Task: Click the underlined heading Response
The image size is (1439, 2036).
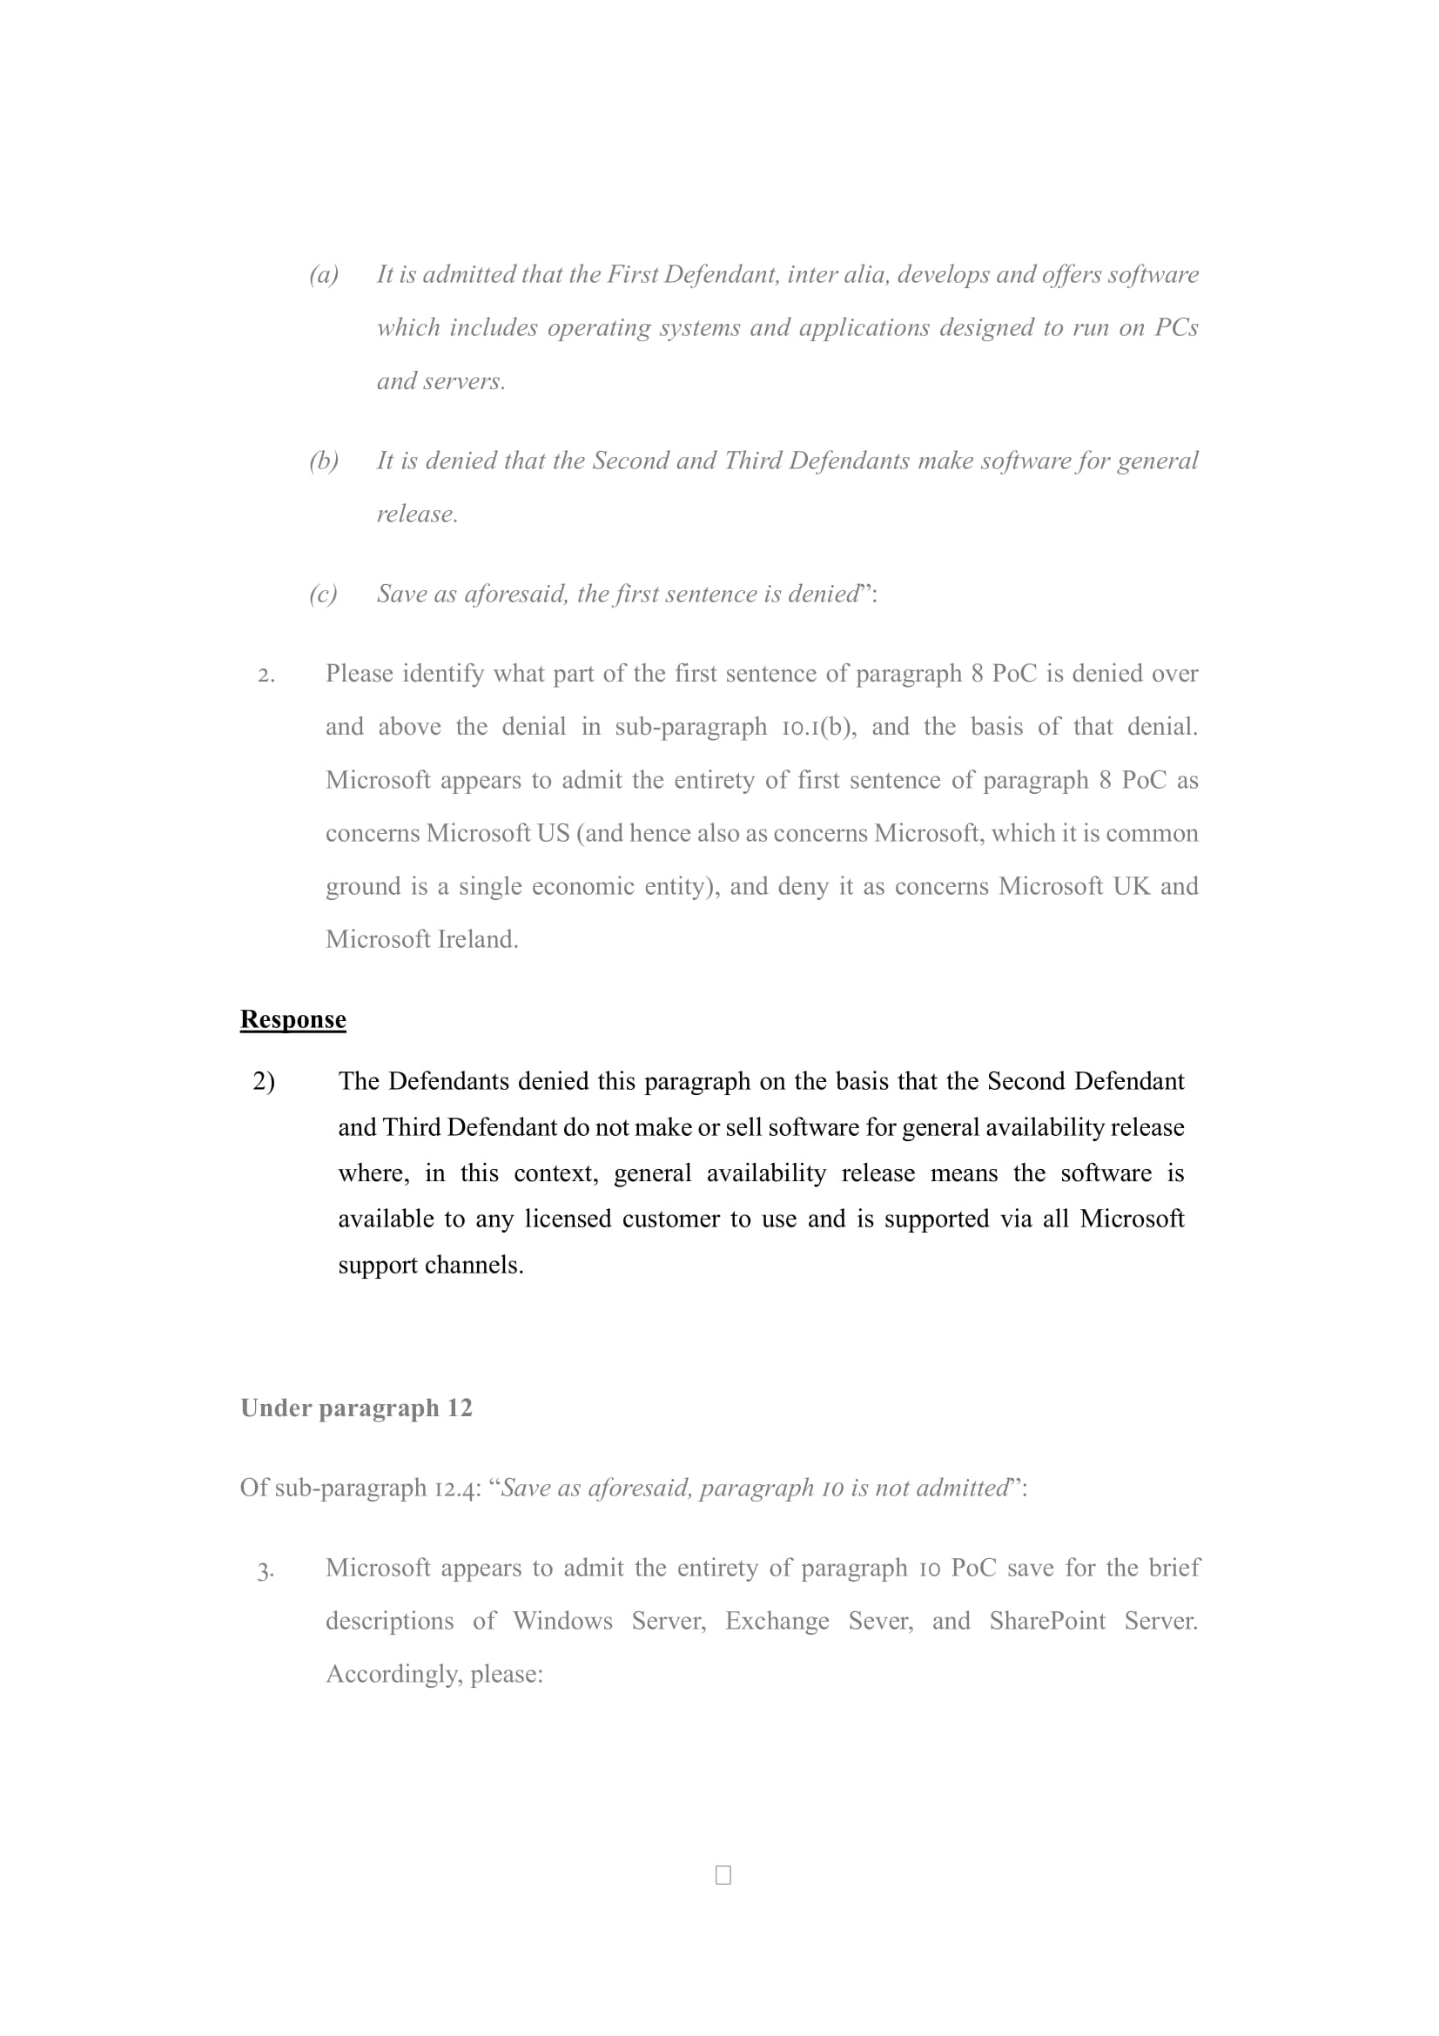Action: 293,1019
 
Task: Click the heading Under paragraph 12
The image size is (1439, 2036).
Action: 355,1408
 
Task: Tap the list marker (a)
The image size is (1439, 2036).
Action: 324,275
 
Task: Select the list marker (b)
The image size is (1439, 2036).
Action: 324,461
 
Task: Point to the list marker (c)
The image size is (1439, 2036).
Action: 324,595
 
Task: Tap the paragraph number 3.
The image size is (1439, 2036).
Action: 265,1570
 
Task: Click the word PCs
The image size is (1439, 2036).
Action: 1176,328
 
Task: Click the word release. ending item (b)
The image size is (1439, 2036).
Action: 417,514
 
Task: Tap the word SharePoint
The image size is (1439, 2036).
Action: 1047,1621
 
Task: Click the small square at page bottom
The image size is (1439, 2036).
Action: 723,1875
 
